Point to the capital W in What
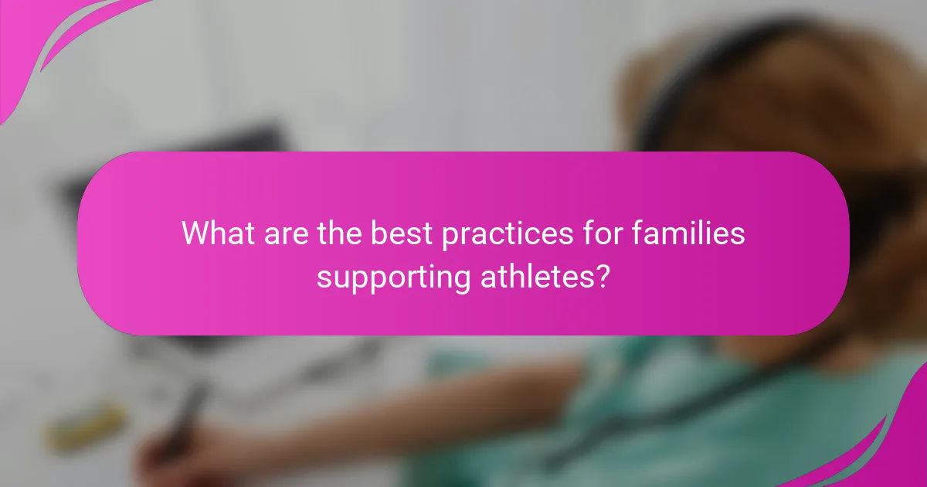click(195, 233)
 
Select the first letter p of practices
click(448, 236)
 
